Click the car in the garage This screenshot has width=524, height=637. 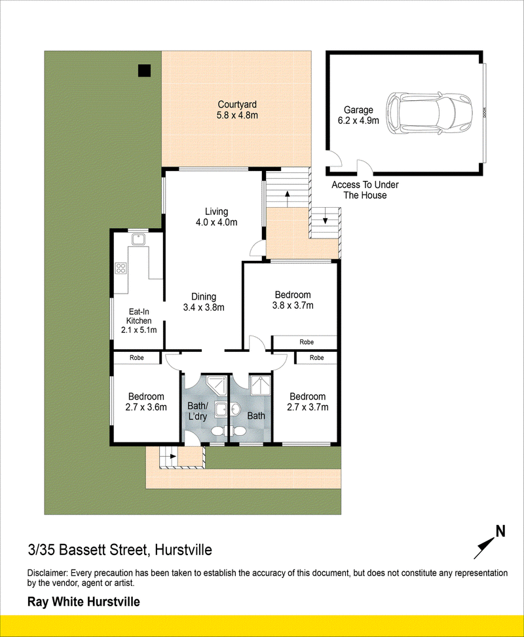tap(429, 113)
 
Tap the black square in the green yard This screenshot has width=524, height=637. tap(145, 71)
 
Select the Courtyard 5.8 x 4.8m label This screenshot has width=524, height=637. tap(237, 109)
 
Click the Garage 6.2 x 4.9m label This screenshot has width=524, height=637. tap(358, 115)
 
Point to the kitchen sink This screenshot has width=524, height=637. tap(139, 239)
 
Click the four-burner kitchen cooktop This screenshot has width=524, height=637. tap(121, 268)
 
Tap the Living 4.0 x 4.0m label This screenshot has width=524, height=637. tap(216, 216)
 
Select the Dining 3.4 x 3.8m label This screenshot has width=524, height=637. tap(204, 302)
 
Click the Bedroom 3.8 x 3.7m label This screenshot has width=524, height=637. tap(293, 299)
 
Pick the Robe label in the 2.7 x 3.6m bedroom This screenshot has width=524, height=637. tap(137, 358)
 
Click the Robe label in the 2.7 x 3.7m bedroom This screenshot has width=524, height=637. tap(316, 358)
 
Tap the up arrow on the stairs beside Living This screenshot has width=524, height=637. tap(288, 199)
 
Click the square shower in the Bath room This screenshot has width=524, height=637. tap(259, 385)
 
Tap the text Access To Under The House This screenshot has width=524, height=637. tap(365, 189)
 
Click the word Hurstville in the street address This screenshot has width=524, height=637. tap(183, 550)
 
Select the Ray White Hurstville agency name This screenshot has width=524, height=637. tap(84, 602)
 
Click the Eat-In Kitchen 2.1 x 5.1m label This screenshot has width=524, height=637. tap(139, 320)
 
